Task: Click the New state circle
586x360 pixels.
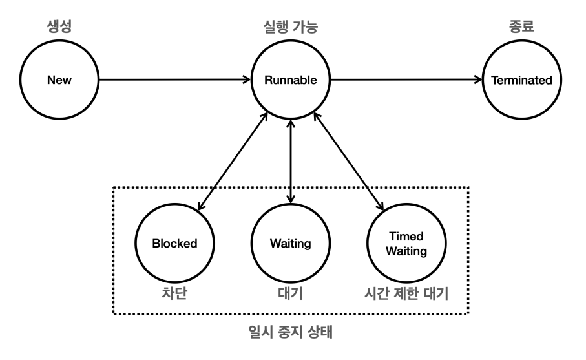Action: click(59, 81)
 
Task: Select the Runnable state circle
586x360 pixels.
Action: click(291, 81)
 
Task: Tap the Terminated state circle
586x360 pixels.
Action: click(522, 81)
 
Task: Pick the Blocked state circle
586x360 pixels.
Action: click(174, 244)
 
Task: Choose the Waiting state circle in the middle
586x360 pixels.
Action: click(291, 244)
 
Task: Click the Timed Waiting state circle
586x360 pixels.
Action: click(407, 244)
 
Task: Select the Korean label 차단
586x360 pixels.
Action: click(174, 293)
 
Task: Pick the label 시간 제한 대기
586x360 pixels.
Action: click(407, 293)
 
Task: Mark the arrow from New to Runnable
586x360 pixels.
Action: click(174, 81)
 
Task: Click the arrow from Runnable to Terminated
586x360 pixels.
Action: click(407, 81)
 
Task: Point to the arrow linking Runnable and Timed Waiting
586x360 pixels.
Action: click(349, 162)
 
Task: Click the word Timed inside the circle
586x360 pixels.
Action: click(407, 237)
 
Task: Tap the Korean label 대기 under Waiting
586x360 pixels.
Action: click(291, 293)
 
